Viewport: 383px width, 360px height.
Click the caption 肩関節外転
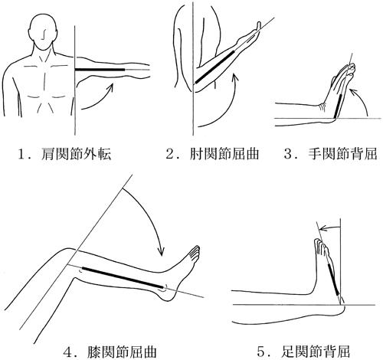(76, 154)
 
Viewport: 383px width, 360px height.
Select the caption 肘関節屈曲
(224, 154)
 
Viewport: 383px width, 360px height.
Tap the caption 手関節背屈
(342, 154)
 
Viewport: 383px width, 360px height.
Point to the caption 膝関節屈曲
(122, 352)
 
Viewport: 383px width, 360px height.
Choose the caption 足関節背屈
(315, 352)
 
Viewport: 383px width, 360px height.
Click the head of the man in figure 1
(43, 32)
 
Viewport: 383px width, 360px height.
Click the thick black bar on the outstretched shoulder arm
(100, 70)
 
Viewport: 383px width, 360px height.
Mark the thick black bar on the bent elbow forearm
(214, 67)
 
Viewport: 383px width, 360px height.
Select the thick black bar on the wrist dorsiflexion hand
(338, 106)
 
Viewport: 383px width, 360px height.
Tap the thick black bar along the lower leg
(123, 278)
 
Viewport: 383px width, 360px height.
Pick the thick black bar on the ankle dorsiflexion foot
(333, 279)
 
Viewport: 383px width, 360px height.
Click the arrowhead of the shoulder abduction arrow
(110, 87)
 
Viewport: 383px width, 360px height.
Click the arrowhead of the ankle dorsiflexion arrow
(322, 228)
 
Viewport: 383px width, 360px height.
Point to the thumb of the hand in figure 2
(259, 25)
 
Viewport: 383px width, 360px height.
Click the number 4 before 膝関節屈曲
(68, 352)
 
